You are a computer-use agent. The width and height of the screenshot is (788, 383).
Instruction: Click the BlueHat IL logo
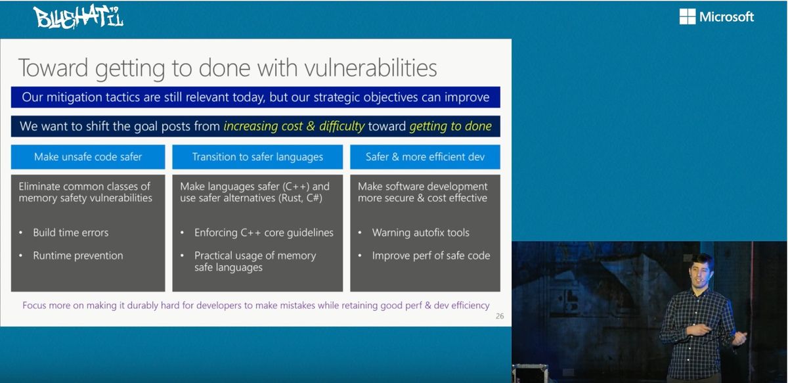78,17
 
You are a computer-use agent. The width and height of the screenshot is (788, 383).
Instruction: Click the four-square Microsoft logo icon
688,16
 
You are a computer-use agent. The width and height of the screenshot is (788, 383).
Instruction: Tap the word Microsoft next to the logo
726,16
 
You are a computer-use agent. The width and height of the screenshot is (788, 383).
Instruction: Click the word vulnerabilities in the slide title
371,68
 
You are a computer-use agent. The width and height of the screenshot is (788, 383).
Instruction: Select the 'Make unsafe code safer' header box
88,156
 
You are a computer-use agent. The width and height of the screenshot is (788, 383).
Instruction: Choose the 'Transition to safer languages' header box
257,156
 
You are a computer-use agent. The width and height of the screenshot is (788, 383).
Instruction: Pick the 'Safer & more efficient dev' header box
425,156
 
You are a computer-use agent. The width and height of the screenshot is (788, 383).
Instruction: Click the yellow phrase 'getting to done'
450,126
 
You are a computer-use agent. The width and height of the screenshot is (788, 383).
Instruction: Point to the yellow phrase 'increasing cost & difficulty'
294,126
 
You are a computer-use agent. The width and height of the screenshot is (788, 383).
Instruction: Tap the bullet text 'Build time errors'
71,233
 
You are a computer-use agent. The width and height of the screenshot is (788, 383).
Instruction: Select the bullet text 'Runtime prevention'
78,256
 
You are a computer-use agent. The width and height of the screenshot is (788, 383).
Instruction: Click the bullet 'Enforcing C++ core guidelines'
264,233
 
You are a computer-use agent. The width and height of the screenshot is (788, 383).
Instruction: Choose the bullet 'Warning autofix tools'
421,233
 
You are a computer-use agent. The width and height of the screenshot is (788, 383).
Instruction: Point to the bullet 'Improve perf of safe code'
431,256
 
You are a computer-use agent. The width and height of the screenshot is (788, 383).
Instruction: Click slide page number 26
500,316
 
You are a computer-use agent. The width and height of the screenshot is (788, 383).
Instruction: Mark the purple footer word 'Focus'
33,305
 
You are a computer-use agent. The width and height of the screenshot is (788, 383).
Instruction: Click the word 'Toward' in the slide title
53,68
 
